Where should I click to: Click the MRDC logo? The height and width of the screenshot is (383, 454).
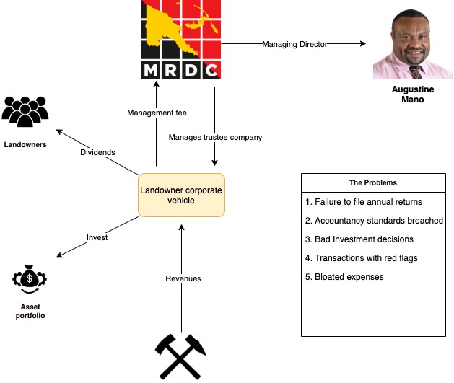pos(180,40)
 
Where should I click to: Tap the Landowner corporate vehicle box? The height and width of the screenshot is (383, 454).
pos(181,195)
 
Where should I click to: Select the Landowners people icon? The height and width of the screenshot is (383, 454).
pos(25,110)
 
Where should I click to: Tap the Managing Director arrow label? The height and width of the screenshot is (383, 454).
pos(294,44)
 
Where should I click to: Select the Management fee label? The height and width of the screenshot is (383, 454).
pos(157,113)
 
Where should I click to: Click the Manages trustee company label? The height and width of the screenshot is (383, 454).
pos(215,137)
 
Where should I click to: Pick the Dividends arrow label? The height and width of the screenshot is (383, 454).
pos(97,152)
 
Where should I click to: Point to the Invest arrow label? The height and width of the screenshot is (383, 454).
pos(97,237)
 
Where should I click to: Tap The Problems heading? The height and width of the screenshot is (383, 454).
pos(372,182)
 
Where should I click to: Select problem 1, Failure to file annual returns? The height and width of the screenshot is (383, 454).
pos(364,202)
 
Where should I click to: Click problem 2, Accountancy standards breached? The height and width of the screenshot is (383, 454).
pos(374,221)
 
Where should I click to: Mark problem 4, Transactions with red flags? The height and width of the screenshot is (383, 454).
pos(362,258)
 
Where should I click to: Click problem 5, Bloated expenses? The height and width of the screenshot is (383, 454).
pos(344,277)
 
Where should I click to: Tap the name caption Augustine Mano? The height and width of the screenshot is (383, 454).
pos(412,94)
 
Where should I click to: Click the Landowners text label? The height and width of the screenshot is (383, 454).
pos(25,145)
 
